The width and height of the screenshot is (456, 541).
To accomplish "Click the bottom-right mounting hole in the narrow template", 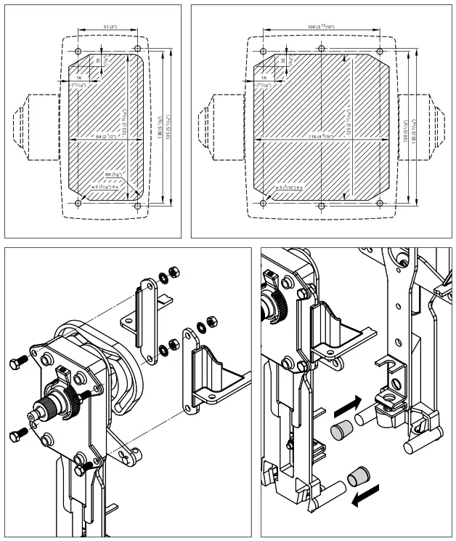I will click(137, 205).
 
